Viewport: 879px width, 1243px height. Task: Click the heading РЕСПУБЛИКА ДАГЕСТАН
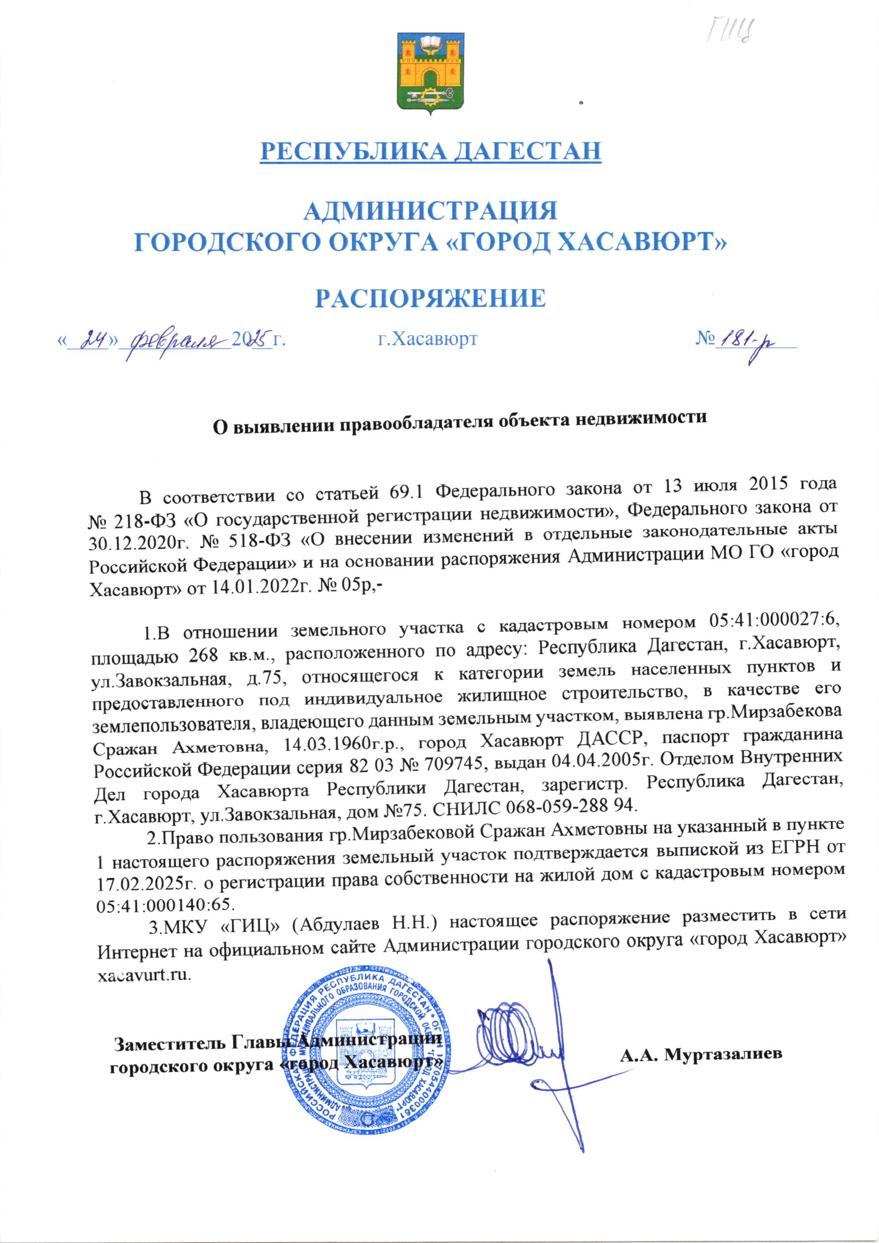pyautogui.click(x=431, y=150)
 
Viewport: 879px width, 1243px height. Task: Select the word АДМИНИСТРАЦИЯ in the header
pyautogui.click(x=431, y=210)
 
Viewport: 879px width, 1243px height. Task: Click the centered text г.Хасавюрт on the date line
pyautogui.click(x=427, y=339)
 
